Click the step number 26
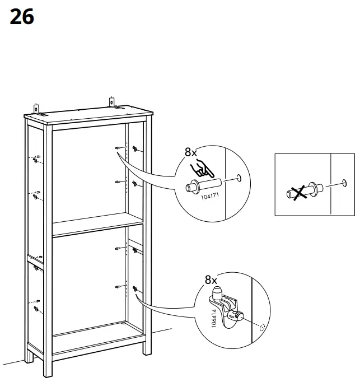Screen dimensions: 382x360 (22, 17)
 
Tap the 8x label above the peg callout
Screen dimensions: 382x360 (191, 152)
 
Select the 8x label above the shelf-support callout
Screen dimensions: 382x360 (211, 279)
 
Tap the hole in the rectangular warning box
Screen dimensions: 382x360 (343, 182)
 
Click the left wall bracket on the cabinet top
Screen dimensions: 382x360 (36, 108)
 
